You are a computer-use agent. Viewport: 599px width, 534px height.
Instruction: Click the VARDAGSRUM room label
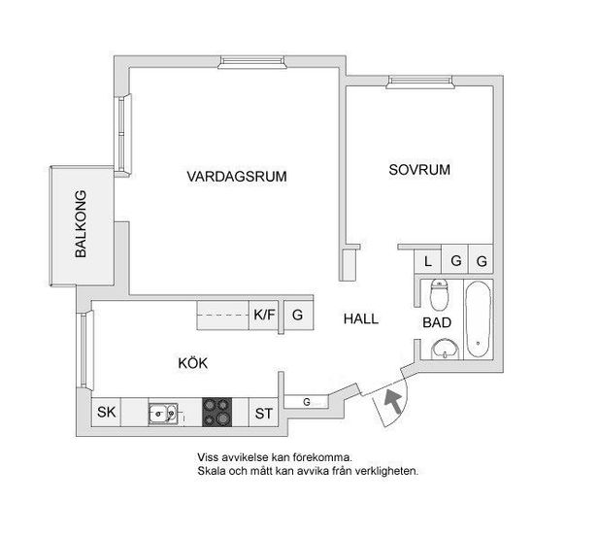click(x=237, y=177)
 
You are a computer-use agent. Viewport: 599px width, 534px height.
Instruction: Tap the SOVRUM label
click(x=419, y=170)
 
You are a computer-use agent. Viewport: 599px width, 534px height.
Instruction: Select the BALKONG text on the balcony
click(x=81, y=224)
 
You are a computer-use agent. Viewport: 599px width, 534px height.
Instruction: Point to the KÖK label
click(x=193, y=362)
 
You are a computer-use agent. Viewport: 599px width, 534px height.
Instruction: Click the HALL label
click(x=361, y=319)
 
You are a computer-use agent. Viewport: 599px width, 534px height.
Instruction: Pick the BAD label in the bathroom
click(x=437, y=322)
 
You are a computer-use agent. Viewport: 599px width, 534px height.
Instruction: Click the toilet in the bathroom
click(x=439, y=294)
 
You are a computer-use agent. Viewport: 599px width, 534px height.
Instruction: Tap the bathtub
click(x=479, y=319)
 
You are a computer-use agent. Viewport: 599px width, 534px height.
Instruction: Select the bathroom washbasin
click(x=445, y=350)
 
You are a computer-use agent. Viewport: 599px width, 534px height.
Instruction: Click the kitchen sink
click(x=163, y=414)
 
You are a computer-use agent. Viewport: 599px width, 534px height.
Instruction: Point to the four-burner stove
click(x=217, y=412)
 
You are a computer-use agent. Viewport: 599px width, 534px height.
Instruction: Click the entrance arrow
click(x=393, y=401)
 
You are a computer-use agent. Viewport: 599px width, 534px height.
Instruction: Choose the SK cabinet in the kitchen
click(x=106, y=412)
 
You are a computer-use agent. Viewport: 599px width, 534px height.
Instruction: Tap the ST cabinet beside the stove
click(x=264, y=413)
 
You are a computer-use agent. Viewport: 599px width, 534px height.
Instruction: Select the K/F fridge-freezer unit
click(x=264, y=315)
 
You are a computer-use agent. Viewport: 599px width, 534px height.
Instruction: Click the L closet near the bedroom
click(x=428, y=261)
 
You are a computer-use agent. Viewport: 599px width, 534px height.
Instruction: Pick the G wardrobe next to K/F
click(x=298, y=315)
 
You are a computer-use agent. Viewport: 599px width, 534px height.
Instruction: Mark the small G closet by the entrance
click(x=307, y=402)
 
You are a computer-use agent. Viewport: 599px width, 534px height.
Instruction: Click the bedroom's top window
click(x=420, y=83)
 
